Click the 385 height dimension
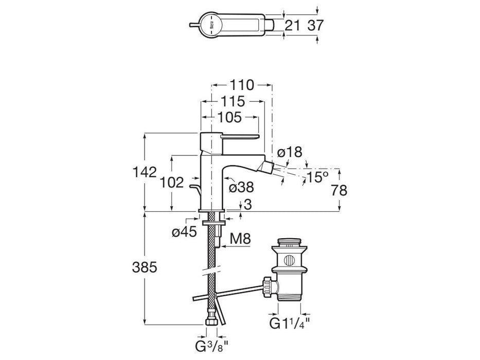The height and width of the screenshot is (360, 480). click(x=144, y=267)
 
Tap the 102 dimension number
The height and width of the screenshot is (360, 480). click(x=172, y=183)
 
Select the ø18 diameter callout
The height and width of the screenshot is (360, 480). click(x=290, y=153)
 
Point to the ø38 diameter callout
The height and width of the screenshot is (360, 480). click(x=240, y=187)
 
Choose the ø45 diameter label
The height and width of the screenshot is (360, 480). click(x=185, y=232)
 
